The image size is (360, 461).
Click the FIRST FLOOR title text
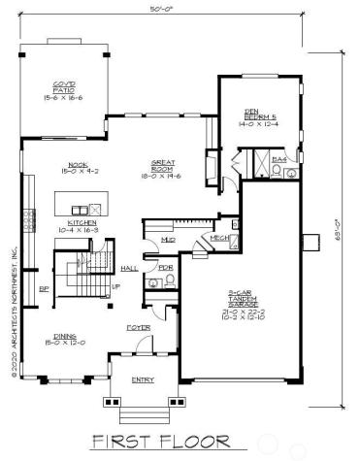160,442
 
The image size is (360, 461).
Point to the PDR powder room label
166,267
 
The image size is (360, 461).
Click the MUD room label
167,238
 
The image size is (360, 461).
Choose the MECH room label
218,239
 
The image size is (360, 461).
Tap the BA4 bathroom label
278,157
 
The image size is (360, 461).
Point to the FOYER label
139,328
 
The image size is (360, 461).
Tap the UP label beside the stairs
116,286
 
